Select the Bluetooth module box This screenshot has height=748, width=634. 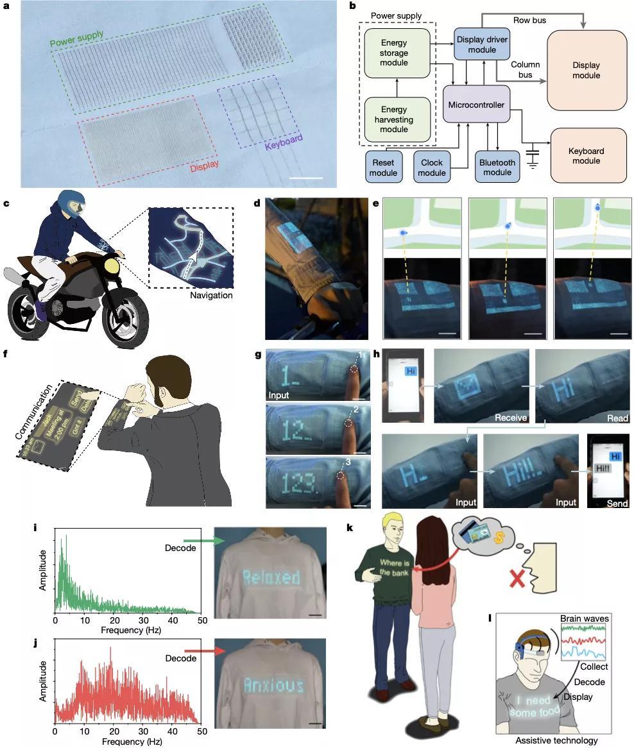[497, 167]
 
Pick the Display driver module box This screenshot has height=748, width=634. [483, 44]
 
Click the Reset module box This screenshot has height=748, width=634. [384, 167]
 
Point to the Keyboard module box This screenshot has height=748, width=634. [586, 157]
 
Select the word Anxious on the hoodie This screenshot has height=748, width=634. [273, 686]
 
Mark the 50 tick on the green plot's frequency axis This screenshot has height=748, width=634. [201, 621]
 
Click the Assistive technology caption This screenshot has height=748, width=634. [556, 740]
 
